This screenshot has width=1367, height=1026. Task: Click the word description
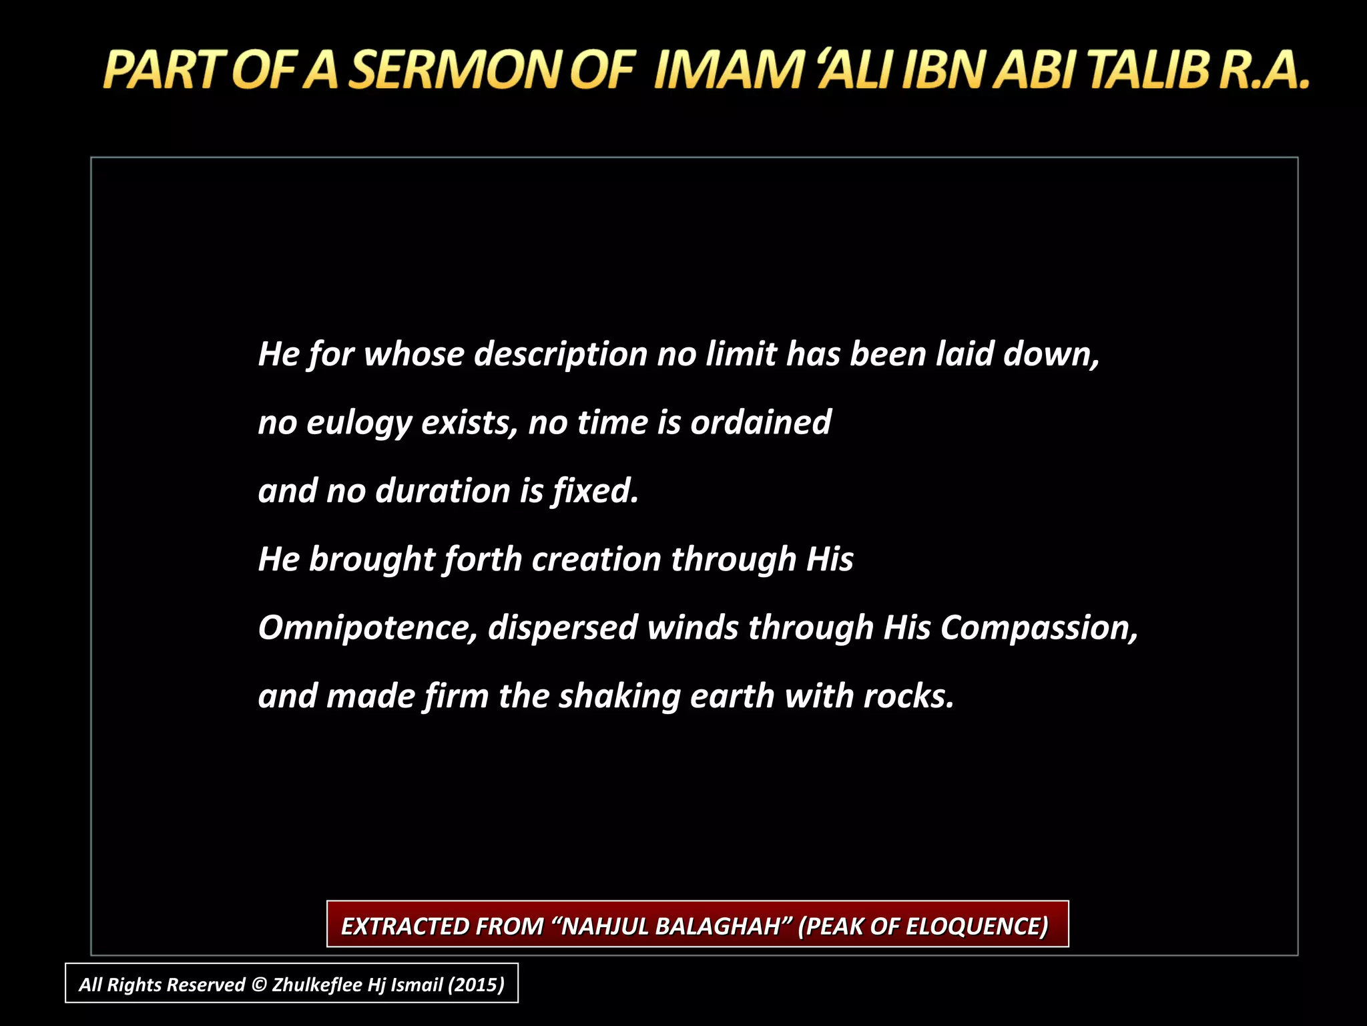pyautogui.click(x=561, y=355)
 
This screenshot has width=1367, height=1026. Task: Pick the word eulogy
pyautogui.click(x=358, y=423)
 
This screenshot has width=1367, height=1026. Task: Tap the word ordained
pyautogui.click(x=760, y=423)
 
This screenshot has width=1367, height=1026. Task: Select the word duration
pyautogui.click(x=443, y=492)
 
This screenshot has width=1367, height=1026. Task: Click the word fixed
pyautogui.click(x=595, y=492)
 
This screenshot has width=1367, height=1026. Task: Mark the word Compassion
pyautogui.click(x=1039, y=629)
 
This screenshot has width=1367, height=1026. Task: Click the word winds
pyautogui.click(x=692, y=629)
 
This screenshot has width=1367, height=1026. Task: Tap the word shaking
pyautogui.click(x=619, y=697)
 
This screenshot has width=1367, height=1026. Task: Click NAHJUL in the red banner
pyautogui.click(x=604, y=926)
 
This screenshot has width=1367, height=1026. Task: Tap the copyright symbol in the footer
pyautogui.click(x=258, y=985)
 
